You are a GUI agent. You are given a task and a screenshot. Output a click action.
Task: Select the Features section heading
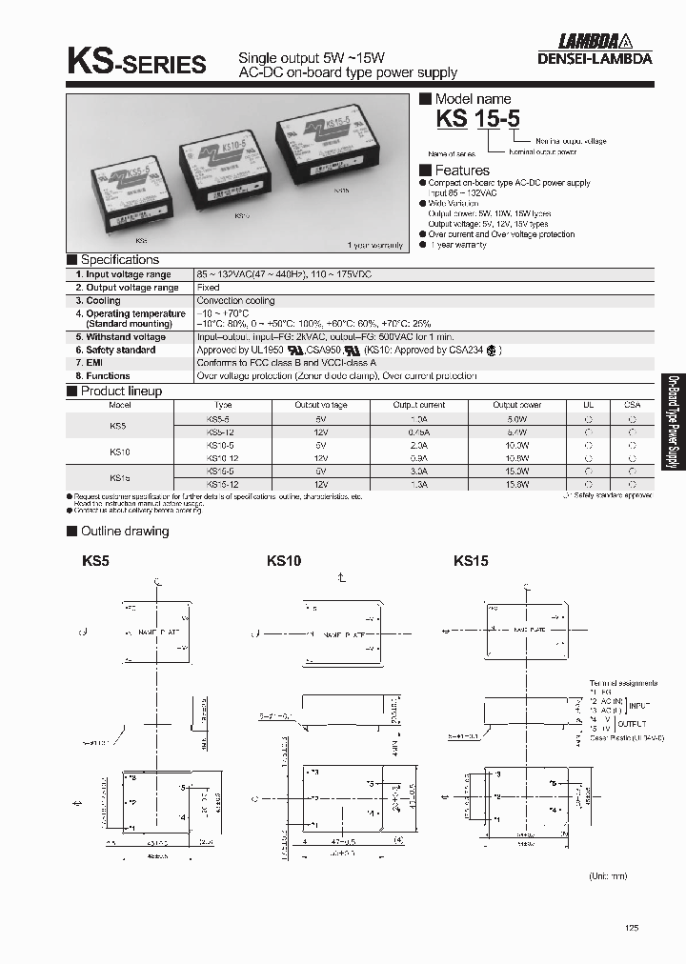click(461, 170)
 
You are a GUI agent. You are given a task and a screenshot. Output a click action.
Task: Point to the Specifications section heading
click(119, 260)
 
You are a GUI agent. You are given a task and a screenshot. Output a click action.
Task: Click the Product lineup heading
click(120, 391)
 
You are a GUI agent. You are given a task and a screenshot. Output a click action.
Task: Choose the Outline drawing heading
click(124, 531)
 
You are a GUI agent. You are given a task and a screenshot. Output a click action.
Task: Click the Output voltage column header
click(321, 405)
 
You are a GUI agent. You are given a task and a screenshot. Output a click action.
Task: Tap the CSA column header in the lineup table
click(633, 405)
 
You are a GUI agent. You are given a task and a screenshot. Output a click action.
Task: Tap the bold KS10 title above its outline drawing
click(284, 562)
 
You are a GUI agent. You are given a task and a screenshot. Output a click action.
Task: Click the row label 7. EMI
click(89, 363)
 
